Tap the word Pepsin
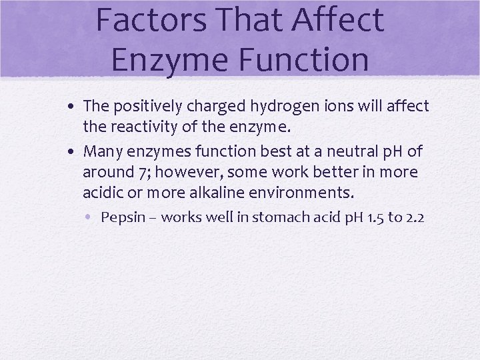[x=121, y=218]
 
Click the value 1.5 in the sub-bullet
[x=373, y=218]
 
